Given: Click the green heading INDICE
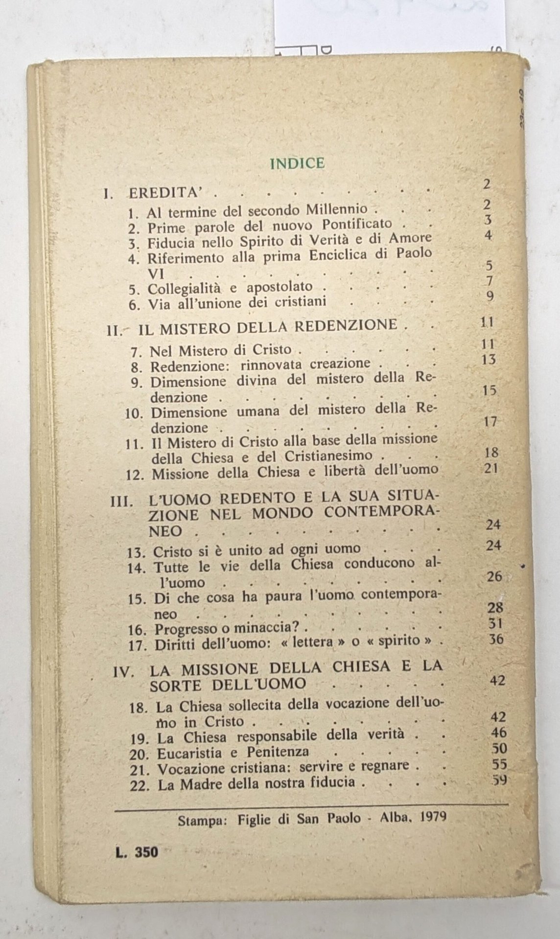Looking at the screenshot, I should click(297, 163).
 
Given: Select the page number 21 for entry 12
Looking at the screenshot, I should click(489, 469).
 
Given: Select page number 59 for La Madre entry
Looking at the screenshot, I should click(499, 780).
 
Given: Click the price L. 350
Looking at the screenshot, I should click(138, 852).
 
